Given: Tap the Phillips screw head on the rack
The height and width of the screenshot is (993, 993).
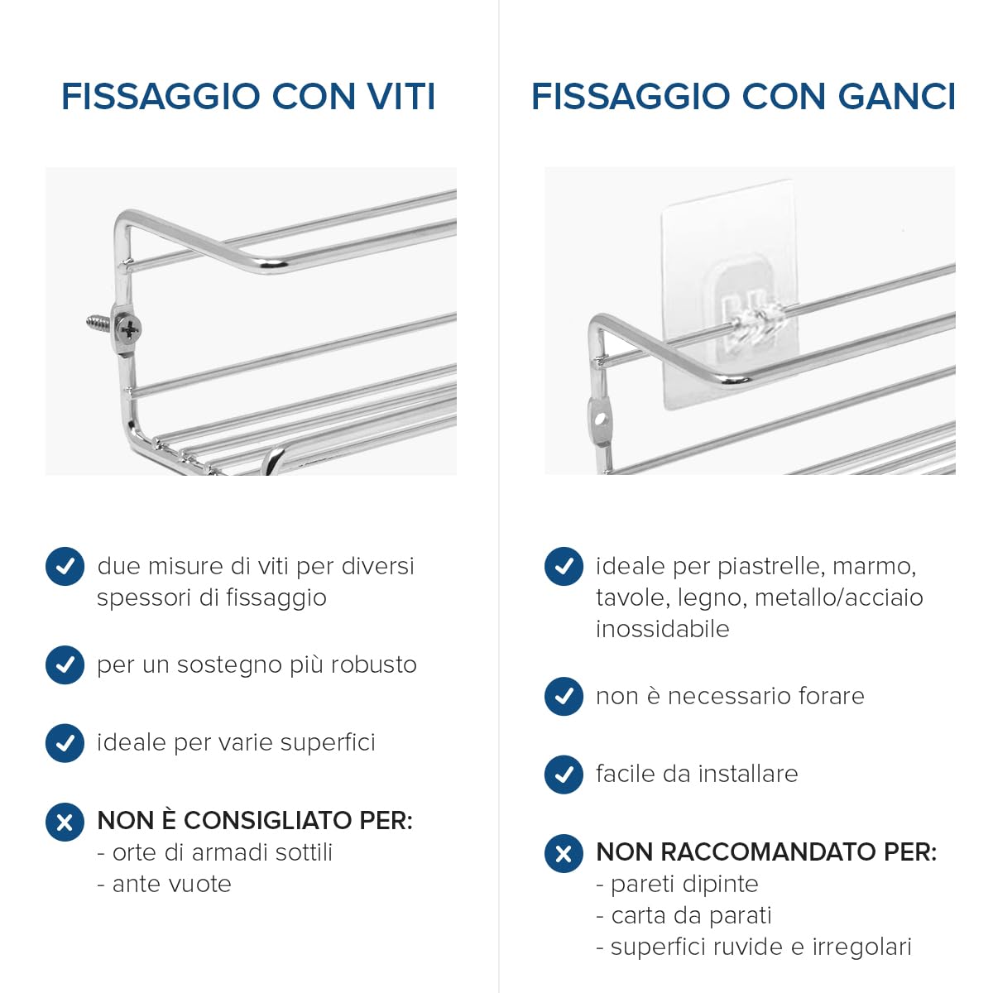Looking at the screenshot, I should pos(129,329).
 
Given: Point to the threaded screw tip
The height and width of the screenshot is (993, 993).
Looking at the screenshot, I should pos(97,322).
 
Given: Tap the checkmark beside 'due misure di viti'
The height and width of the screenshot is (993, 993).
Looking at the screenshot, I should pos(65,567).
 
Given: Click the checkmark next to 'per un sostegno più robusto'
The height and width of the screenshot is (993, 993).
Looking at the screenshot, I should pos(65,664).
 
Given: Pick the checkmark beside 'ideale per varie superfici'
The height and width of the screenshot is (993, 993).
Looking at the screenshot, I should pos(65,742).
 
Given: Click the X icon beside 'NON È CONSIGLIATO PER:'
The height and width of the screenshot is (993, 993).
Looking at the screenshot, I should pos(65,822).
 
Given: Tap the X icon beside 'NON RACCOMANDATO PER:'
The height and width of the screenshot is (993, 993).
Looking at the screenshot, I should pos(564,853).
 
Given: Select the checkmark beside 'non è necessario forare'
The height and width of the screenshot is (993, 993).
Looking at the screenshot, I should pos(564,696).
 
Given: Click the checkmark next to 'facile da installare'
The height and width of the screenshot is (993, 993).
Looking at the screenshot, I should pos(564,775).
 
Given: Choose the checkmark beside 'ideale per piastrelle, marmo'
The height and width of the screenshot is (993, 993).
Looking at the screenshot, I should pos(564,567).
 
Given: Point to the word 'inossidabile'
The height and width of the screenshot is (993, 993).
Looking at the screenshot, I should pos(662,629).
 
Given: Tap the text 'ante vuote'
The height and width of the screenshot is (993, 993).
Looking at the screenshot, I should pos(171,884).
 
